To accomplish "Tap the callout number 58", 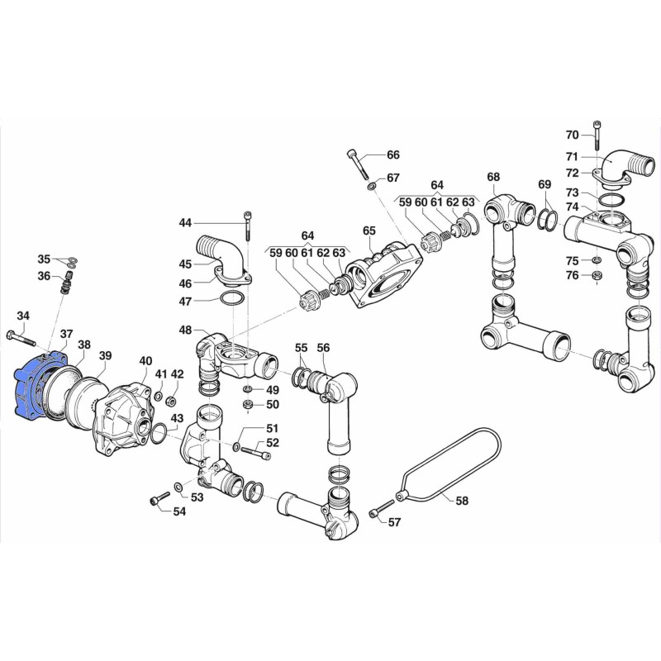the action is [462, 501].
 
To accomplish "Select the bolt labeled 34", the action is [21, 339].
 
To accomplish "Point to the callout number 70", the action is [572, 135].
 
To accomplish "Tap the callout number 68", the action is [493, 177].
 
